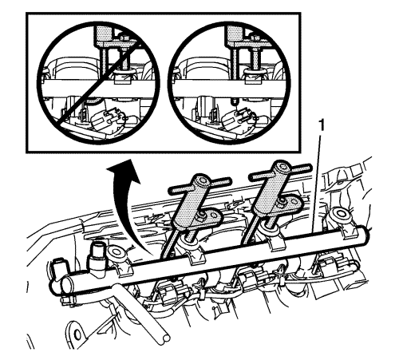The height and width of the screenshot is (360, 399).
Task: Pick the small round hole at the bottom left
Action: (x=77, y=330)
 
